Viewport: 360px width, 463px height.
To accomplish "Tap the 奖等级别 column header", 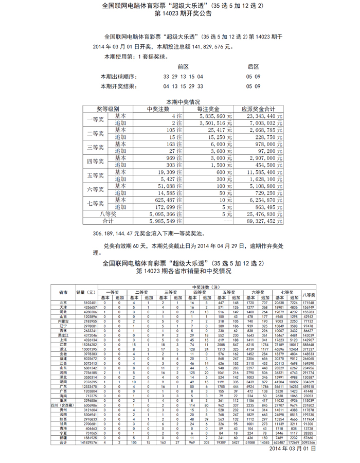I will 108,110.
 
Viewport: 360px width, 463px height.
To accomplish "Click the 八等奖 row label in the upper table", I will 108,213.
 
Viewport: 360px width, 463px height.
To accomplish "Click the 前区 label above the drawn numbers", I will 183,67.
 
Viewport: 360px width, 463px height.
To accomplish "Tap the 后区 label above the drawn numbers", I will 253,67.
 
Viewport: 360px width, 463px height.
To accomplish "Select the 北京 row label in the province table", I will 63,302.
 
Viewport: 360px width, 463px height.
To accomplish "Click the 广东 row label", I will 63,386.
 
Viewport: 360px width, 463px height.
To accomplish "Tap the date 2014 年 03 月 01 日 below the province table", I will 292,449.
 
